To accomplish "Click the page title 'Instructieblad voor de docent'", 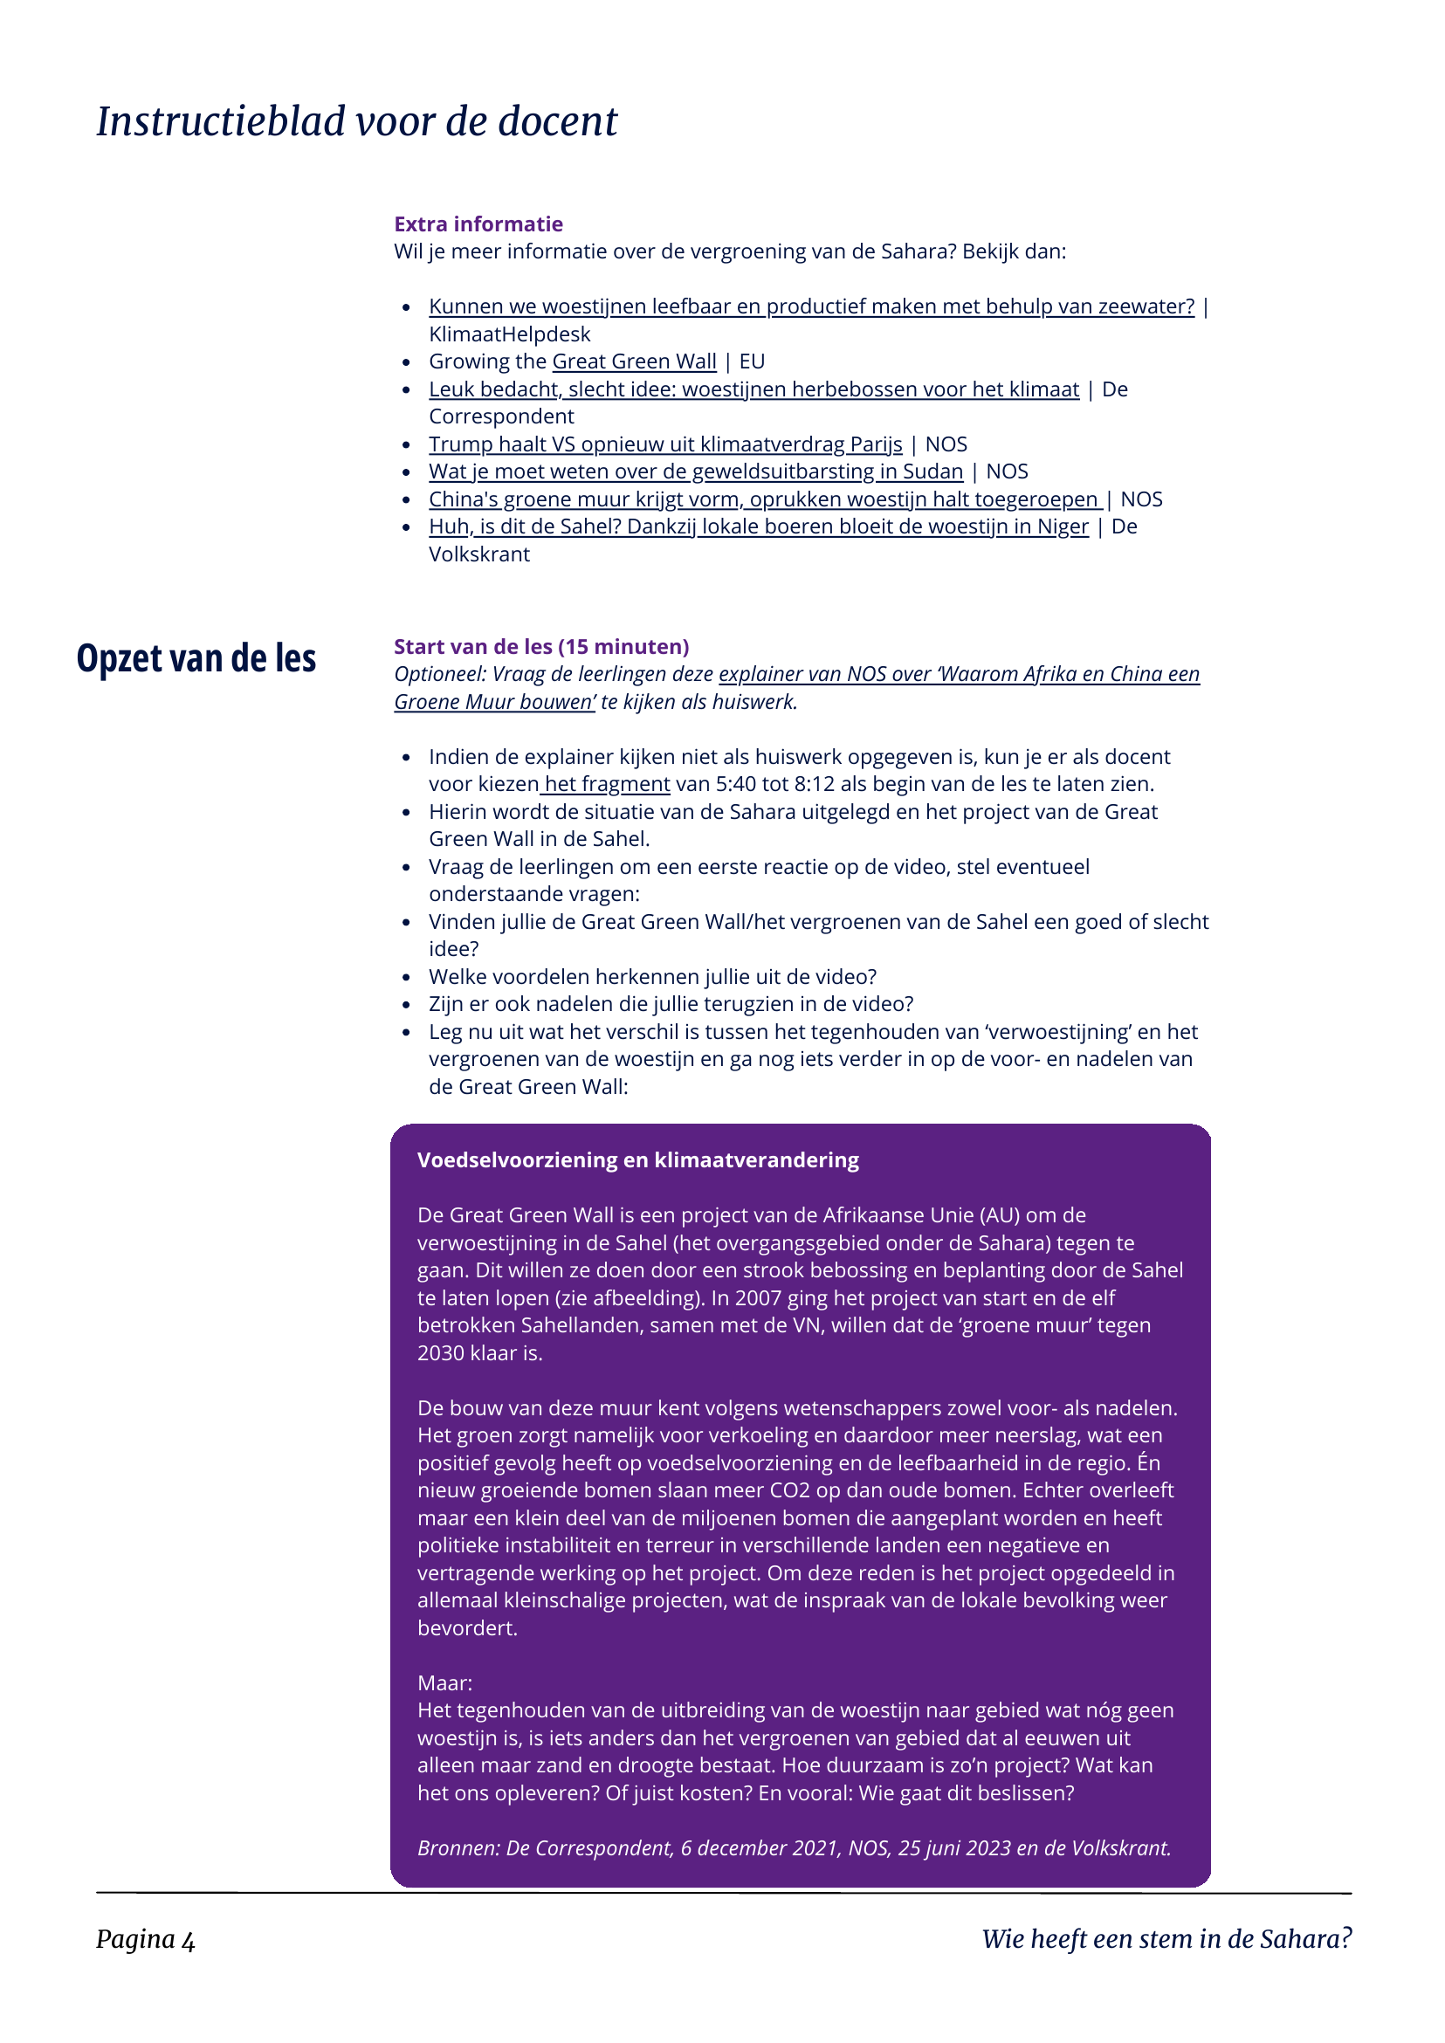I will click(x=357, y=121).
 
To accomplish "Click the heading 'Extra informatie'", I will click(x=478, y=224).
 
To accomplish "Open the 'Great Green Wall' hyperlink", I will click(x=634, y=361).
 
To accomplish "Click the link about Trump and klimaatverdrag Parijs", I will click(x=664, y=444).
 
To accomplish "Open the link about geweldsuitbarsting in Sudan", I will click(x=695, y=471).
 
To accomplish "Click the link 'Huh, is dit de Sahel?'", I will click(x=758, y=526).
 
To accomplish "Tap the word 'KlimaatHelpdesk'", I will click(x=509, y=334).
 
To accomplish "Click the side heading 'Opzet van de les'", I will click(x=196, y=658).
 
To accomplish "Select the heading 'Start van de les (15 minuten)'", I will click(x=541, y=647).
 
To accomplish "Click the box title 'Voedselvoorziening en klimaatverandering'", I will click(x=638, y=1160).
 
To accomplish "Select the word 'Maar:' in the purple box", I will click(x=445, y=1682).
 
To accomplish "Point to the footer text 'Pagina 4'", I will click(x=146, y=1940).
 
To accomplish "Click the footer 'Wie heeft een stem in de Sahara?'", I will click(x=1166, y=1939).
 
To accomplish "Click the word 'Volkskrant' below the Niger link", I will click(x=478, y=554).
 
